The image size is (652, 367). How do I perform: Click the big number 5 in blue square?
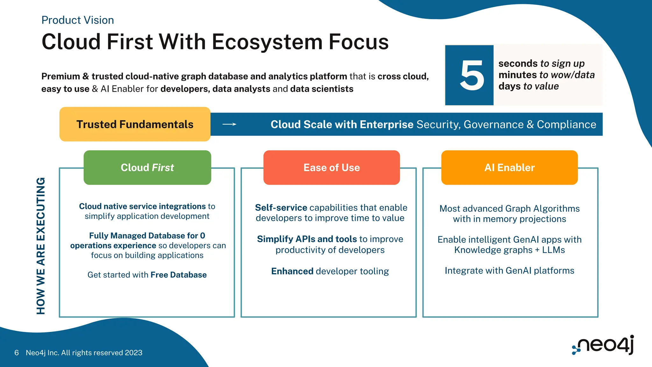pos(472,76)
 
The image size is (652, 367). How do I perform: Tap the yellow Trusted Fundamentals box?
pos(135,124)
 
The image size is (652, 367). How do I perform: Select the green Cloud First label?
pos(147,168)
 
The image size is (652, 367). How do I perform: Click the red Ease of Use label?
pos(331,168)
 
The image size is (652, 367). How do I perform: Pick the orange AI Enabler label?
pos(509,168)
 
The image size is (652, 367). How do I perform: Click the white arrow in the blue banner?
pos(229,124)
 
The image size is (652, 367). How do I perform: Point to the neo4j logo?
pos(603,345)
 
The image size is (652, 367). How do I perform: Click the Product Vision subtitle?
pos(78,20)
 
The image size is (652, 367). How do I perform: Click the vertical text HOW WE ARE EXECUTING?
pos(41,246)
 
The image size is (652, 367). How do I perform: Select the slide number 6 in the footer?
pos(17,353)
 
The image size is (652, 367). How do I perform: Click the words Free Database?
pos(179,275)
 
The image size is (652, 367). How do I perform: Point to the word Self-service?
pos(281,208)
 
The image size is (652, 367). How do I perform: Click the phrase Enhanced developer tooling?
pos(330,271)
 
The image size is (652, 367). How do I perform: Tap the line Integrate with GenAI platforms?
pos(509,270)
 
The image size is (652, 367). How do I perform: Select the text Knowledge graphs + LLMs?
pos(509,250)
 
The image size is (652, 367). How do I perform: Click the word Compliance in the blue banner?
pos(566,124)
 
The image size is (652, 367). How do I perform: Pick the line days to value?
pos(528,86)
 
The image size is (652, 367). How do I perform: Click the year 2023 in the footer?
pos(133,353)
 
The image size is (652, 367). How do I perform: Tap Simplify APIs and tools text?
pos(307,239)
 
